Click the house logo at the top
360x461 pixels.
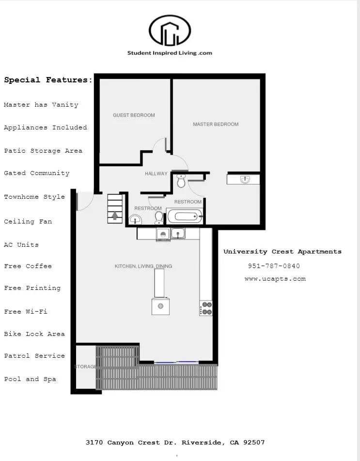point(170,30)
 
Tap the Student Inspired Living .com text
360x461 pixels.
point(170,53)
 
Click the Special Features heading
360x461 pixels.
point(48,80)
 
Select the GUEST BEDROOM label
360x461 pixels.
point(134,115)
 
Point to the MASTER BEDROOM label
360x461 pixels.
point(216,125)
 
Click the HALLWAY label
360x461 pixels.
point(156,174)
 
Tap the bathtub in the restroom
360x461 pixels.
point(184,216)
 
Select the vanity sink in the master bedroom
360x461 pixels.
point(244,179)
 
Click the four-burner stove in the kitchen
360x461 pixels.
point(206,308)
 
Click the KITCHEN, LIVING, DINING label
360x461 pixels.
point(143,266)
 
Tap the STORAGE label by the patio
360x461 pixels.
point(85,366)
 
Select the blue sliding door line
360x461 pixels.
point(176,362)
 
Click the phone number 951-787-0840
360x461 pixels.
point(274,266)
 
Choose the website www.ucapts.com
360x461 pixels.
point(275,279)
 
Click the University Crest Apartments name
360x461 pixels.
point(282,252)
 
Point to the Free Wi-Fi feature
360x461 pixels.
point(26,312)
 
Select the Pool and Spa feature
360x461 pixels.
point(30,379)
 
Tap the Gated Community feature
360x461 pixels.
point(37,173)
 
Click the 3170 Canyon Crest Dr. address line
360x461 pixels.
point(175,443)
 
